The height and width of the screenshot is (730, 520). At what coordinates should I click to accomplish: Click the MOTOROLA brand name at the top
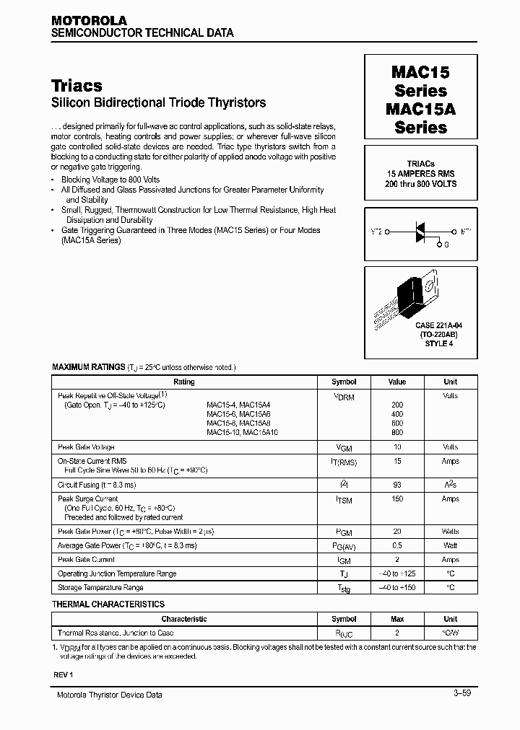click(89, 21)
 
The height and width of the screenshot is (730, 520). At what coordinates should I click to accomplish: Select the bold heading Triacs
click(77, 85)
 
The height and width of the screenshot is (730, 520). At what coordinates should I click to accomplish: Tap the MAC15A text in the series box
click(420, 110)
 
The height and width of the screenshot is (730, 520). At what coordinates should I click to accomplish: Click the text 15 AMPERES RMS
click(420, 174)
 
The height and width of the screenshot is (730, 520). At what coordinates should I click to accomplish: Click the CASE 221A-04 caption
click(420, 325)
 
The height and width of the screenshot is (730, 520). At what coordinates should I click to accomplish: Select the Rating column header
click(184, 382)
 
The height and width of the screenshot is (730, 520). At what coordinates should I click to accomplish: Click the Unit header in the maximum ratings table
click(450, 382)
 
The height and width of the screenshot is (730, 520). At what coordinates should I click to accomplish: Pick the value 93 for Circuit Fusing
click(397, 485)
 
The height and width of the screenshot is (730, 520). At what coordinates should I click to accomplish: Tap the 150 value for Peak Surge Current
click(397, 499)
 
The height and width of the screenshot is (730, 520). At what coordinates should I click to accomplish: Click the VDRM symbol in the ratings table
click(343, 396)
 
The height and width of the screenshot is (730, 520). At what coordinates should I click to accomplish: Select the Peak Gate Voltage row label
click(86, 447)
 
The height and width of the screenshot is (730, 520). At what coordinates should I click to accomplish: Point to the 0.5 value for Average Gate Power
click(397, 545)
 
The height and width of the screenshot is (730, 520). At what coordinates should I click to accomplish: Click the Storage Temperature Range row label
click(100, 587)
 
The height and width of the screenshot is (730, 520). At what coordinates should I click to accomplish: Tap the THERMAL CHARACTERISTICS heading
click(108, 604)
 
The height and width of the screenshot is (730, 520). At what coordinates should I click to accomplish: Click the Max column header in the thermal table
click(397, 619)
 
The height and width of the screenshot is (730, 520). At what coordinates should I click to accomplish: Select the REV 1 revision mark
click(63, 674)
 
